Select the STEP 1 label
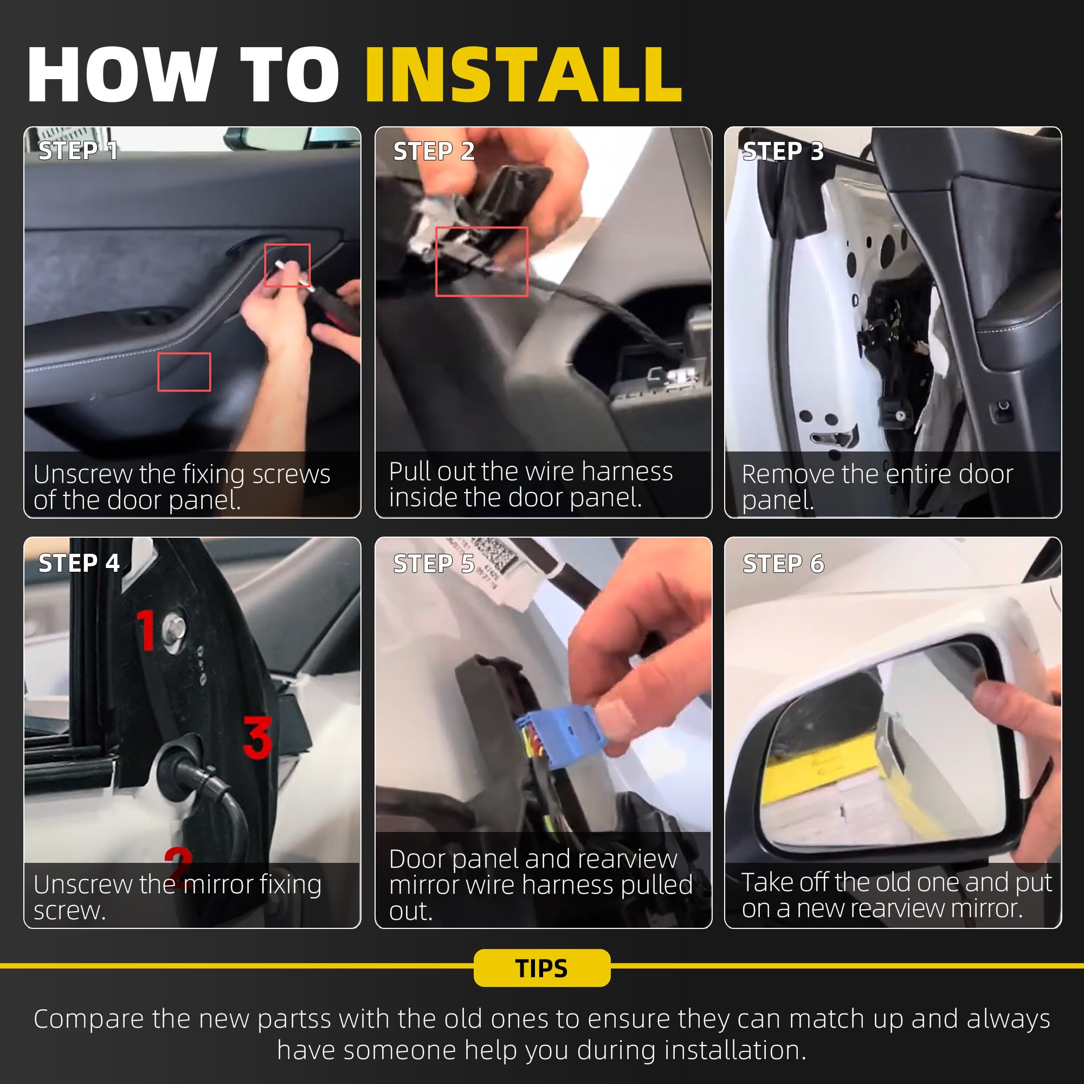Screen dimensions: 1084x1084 point(78,151)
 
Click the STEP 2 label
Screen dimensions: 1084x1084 point(434,151)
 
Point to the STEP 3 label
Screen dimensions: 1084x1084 point(783,151)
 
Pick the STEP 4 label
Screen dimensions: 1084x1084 point(79,563)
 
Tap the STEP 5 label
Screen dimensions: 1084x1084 point(434,563)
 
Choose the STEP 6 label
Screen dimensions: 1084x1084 point(783,563)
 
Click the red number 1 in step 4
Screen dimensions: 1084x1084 point(147,630)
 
